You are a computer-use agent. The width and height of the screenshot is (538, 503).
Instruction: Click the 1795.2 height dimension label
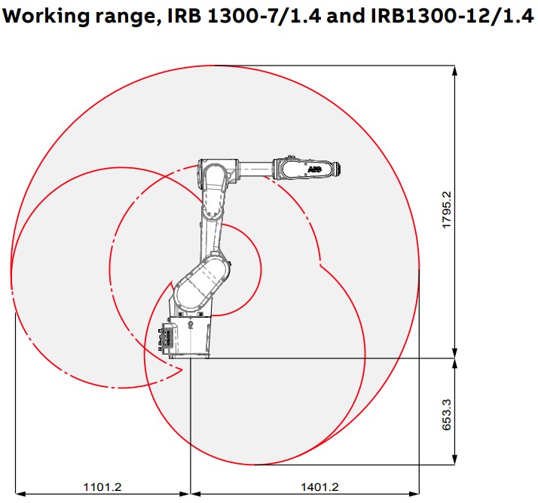pos(446,210)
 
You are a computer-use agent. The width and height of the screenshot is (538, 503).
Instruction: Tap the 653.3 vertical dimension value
pos(446,414)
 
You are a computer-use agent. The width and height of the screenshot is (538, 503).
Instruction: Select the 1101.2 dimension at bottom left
pos(102,487)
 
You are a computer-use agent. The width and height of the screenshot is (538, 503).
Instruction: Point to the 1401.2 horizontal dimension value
pos(319,487)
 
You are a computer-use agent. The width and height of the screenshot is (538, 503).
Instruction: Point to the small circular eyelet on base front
pos(192,325)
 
